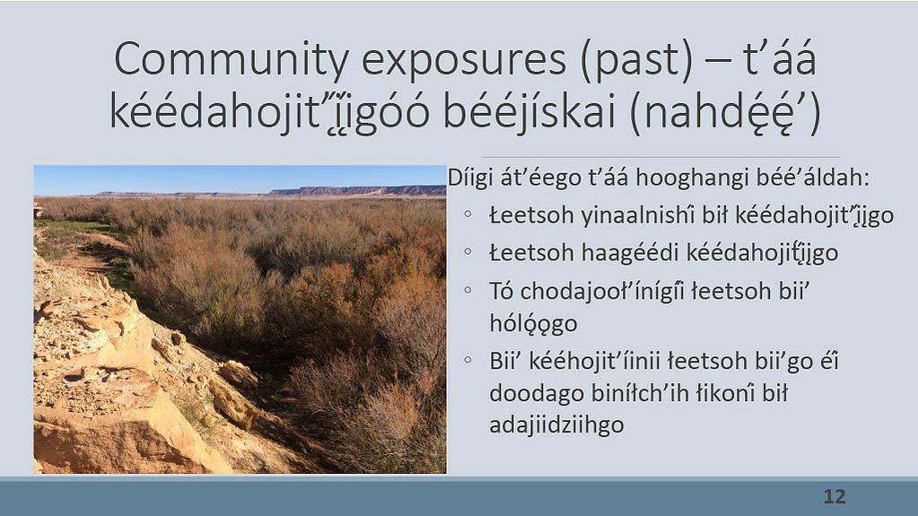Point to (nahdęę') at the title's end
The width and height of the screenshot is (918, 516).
tap(725, 112)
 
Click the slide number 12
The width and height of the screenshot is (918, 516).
tap(835, 496)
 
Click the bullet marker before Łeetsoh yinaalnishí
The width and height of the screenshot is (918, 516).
tap(468, 214)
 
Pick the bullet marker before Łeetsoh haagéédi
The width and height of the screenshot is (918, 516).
tap(468, 252)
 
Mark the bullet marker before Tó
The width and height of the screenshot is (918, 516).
tap(468, 289)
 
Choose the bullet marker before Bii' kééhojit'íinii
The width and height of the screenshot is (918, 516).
tap(468, 360)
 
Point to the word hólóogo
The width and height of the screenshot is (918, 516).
tap(533, 324)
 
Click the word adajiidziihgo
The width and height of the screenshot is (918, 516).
tap(556, 424)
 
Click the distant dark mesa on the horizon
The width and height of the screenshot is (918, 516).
tap(357, 191)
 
